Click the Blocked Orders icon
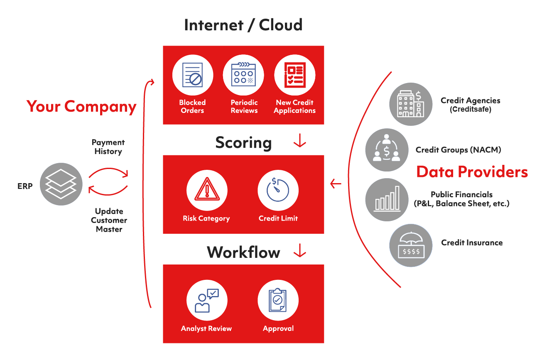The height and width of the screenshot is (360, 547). (192, 76)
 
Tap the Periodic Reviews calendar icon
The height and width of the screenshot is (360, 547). (244, 76)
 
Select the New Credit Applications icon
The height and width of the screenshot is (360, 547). (294, 76)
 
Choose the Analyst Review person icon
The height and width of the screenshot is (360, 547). (207, 300)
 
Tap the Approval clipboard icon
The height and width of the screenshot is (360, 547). (278, 300)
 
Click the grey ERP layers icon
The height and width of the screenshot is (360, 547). (61, 184)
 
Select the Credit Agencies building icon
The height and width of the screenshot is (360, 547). (410, 103)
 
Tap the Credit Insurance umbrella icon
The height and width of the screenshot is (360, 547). (410, 245)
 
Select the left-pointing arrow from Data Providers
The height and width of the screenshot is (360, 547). (336, 183)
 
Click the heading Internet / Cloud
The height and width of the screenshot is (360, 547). (243, 25)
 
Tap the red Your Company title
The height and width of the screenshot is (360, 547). (82, 107)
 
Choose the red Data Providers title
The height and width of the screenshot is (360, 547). (472, 171)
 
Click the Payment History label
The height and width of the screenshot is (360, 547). (108, 147)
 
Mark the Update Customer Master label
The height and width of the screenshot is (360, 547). (109, 220)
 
